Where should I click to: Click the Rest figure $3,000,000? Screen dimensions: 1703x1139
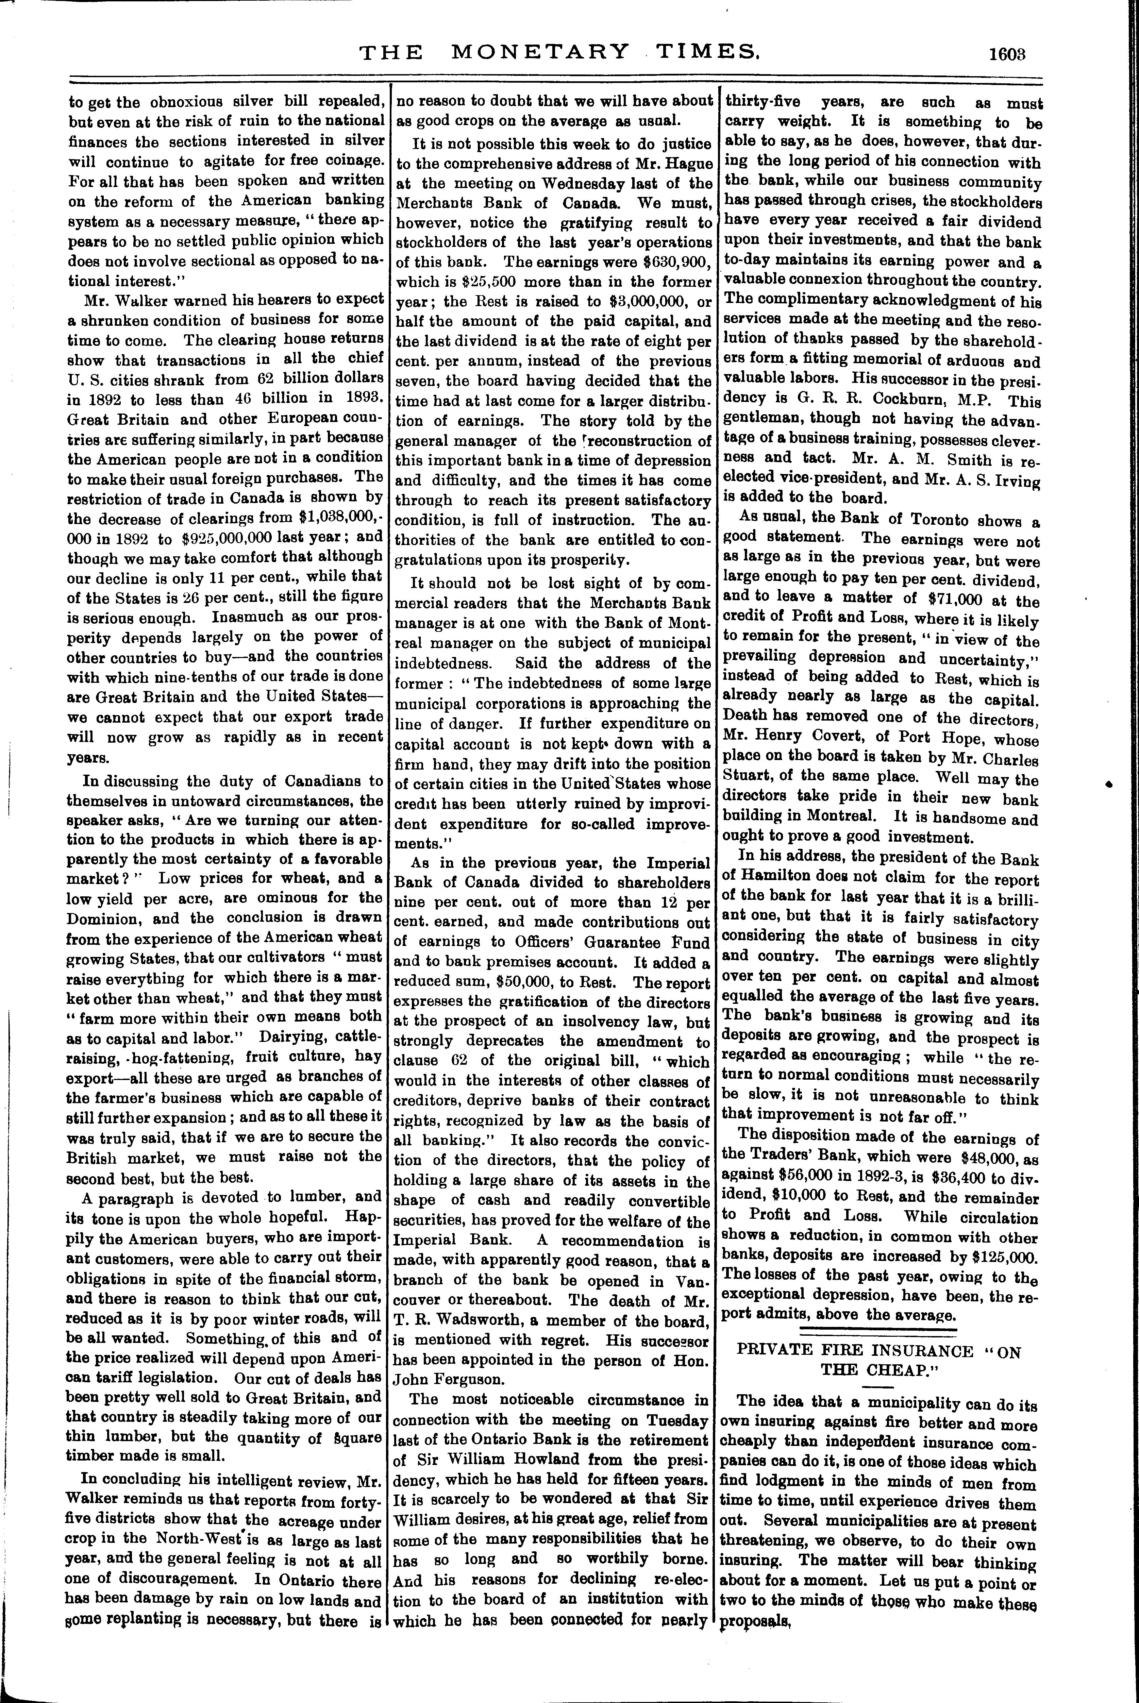coord(627,301)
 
